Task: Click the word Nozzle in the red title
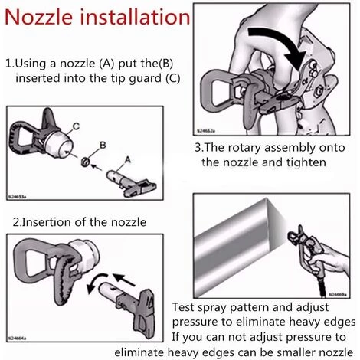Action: coord(38,17)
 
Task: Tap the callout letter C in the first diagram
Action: coord(76,126)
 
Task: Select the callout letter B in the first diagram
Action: coord(103,145)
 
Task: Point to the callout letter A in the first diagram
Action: coord(127,160)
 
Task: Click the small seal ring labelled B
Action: coord(85,162)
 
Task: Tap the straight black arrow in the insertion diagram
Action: coord(124,280)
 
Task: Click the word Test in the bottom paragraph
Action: coord(183,307)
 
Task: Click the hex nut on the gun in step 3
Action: coord(319,91)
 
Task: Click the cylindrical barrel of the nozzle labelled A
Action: coord(114,175)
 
